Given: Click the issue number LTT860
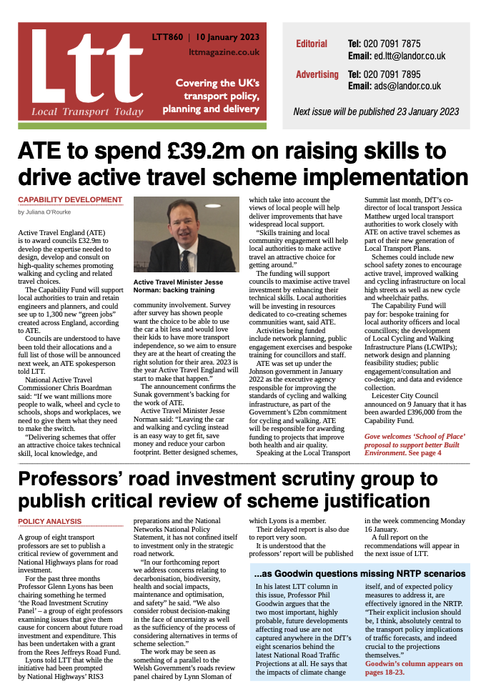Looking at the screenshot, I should pyautogui.click(x=167, y=37).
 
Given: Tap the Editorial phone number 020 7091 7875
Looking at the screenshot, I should pyautogui.click(x=395, y=44).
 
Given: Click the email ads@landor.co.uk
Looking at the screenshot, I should pyautogui.click(x=395, y=86).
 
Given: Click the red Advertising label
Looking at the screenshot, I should pyautogui.click(x=317, y=74).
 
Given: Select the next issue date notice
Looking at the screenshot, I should pyautogui.click(x=376, y=111).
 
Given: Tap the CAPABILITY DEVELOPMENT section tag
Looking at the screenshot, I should pyautogui.click(x=70, y=200).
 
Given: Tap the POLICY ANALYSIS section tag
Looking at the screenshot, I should pyautogui.click(x=50, y=521).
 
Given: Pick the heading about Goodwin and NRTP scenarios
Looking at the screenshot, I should pyautogui.click(x=359, y=573).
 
